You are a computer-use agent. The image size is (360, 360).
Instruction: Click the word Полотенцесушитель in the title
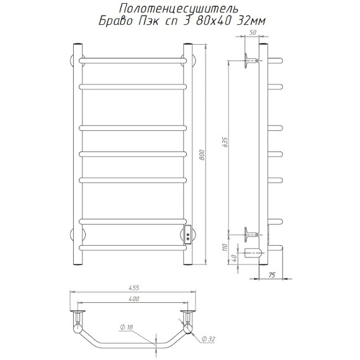click(x=179, y=9)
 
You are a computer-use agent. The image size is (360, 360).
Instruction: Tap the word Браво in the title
click(x=115, y=21)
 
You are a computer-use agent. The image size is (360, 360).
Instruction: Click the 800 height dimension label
click(x=202, y=155)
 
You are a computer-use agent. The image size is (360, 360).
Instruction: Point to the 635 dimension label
click(x=225, y=143)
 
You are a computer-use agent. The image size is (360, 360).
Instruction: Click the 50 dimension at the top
click(x=253, y=32)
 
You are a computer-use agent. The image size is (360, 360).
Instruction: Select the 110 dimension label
click(x=225, y=248)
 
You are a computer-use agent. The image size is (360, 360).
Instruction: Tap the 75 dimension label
click(x=272, y=275)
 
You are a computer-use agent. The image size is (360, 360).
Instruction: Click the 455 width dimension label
click(x=134, y=287)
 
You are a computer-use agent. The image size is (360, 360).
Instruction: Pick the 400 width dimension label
click(x=134, y=299)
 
